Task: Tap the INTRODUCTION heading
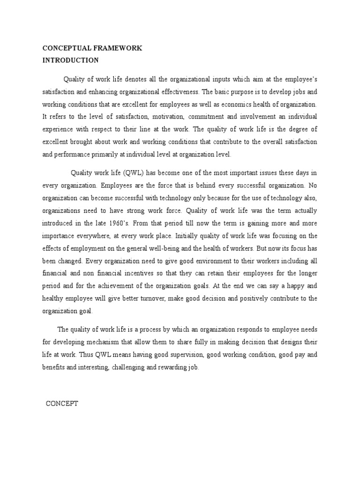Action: pyautogui.click(x=70, y=60)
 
